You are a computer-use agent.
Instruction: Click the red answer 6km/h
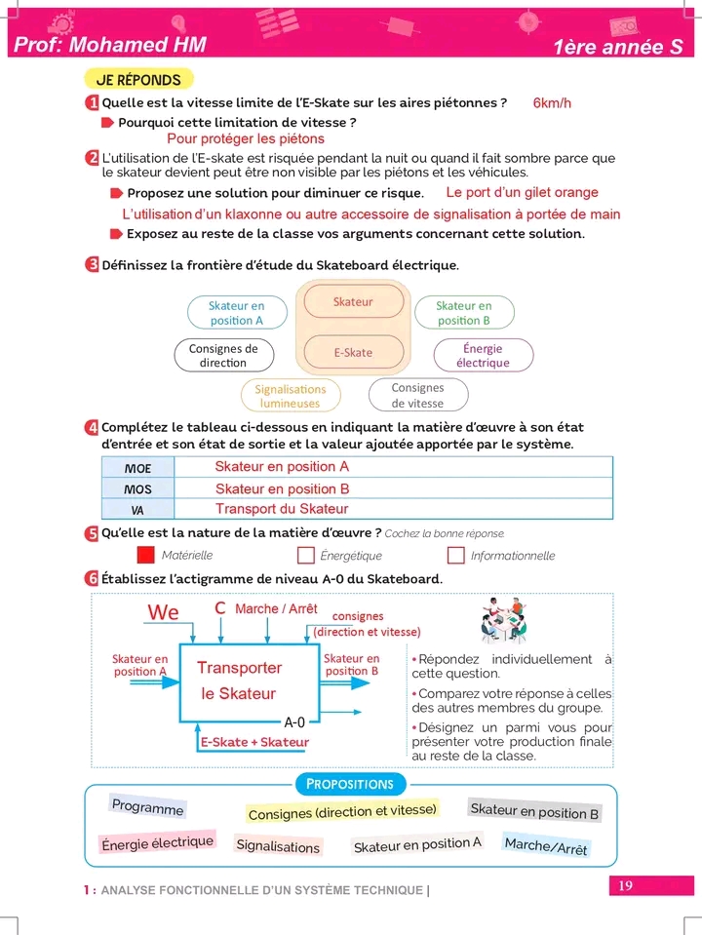[x=553, y=103]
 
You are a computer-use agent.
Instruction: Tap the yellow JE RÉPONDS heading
[x=138, y=79]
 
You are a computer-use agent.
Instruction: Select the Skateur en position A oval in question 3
[x=237, y=313]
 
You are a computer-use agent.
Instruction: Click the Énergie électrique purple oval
[x=483, y=356]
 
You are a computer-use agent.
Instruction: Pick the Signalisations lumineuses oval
[x=290, y=396]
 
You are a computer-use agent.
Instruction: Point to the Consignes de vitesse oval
[x=417, y=395]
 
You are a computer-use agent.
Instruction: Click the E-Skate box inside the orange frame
[x=353, y=352]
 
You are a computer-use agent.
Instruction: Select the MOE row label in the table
[x=137, y=469]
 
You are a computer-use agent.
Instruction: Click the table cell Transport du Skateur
[x=282, y=509]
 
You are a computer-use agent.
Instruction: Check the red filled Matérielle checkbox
[x=146, y=555]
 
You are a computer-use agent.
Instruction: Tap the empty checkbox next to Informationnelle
[x=455, y=555]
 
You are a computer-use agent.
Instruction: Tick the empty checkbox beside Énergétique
[x=305, y=555]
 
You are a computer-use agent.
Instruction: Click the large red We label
[x=164, y=612]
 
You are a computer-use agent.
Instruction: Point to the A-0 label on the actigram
[x=294, y=722]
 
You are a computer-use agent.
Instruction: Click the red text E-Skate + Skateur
[x=254, y=742]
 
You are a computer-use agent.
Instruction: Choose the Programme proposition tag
[x=147, y=807]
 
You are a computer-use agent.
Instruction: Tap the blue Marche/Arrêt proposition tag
[x=546, y=846]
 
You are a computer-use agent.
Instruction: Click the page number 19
[x=625, y=885]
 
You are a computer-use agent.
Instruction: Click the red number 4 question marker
[x=92, y=427]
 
